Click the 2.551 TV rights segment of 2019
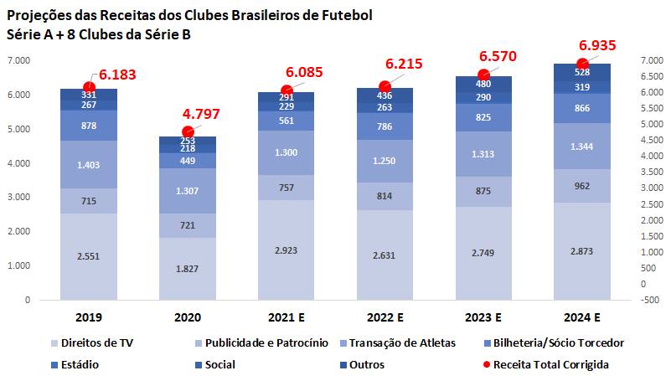(x=88, y=255)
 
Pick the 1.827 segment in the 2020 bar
(x=188, y=268)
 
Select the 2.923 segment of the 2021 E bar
(x=286, y=250)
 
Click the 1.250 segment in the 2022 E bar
(x=385, y=161)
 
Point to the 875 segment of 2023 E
(x=483, y=191)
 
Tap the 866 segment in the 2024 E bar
(x=582, y=109)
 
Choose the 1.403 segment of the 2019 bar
(x=88, y=165)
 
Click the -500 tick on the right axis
(x=650, y=300)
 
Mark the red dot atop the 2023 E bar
(x=483, y=75)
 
